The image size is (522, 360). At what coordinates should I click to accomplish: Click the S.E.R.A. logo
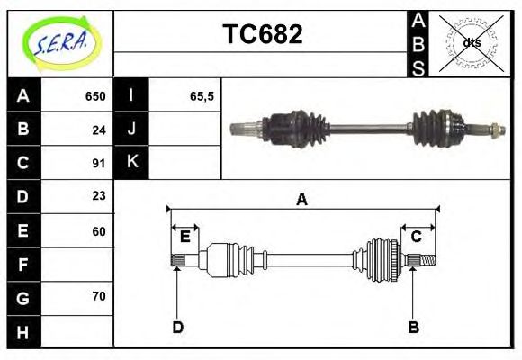59,42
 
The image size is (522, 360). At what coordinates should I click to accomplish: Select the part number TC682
262,35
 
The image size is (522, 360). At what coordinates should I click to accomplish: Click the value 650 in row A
94,96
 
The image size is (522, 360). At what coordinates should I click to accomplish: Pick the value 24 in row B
99,130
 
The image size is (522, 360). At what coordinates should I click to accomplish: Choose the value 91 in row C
99,164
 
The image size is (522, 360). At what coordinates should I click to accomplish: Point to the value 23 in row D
99,196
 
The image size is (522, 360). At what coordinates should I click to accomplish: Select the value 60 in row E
99,230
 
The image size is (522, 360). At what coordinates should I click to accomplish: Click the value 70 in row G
99,296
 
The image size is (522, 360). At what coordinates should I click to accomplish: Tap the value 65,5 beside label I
202,96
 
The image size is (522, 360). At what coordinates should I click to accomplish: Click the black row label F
23,265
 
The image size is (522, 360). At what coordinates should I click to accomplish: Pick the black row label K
131,163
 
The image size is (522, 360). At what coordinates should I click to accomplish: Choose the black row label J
131,130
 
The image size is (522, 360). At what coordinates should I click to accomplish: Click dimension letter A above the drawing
301,200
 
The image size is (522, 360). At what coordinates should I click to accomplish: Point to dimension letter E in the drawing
185,237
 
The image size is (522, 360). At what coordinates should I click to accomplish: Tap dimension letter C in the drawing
417,237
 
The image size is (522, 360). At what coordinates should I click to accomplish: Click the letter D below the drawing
177,328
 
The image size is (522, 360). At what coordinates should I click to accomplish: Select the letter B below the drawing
413,328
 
